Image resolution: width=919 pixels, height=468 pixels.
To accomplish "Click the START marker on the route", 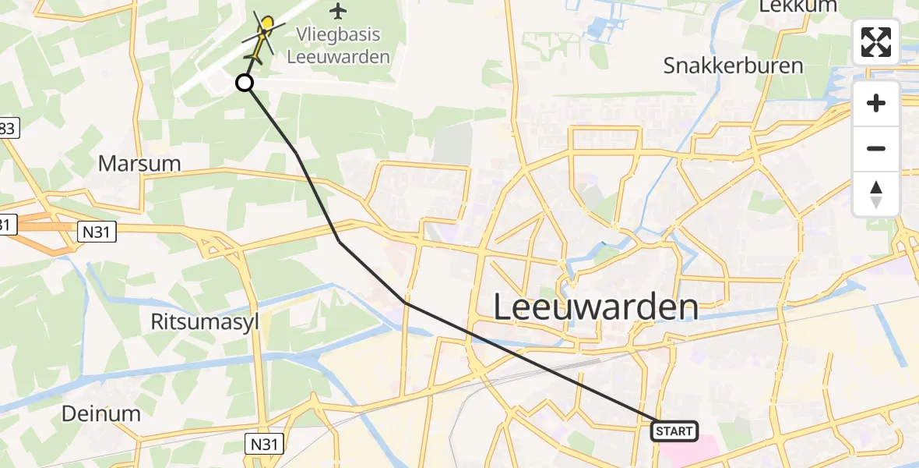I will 674,431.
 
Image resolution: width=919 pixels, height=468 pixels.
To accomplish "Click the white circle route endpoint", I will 245,83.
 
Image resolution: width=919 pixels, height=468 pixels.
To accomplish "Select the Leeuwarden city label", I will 596,307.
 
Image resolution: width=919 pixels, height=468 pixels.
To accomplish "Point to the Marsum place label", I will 139,164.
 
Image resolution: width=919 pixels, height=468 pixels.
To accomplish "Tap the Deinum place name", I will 102,413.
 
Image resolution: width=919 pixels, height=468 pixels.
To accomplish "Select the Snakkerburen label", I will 733,66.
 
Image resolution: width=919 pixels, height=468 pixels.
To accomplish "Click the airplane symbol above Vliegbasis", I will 337,11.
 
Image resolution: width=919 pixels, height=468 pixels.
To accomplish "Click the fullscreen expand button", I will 876,42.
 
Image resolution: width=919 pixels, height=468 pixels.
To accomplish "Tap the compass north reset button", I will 876,194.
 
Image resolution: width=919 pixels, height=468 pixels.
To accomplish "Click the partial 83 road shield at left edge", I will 6,129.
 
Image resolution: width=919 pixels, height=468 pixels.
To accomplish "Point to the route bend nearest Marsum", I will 297,153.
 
